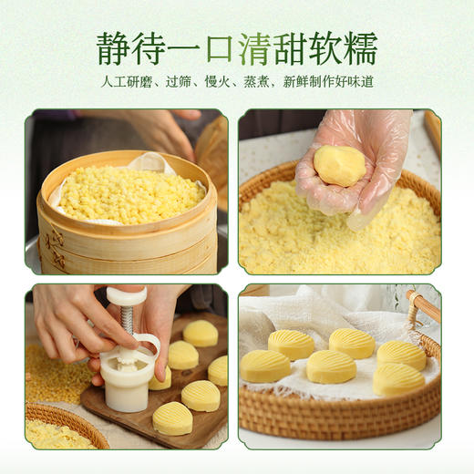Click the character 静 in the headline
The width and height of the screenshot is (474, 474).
tap(116, 48)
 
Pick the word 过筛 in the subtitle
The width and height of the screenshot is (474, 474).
tap(177, 82)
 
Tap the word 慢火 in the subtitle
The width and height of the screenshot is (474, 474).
tap(220, 82)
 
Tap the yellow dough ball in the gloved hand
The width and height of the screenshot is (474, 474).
tap(339, 165)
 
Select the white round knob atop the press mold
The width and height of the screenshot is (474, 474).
tap(126, 296)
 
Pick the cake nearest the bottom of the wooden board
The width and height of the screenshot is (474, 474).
tap(172, 418)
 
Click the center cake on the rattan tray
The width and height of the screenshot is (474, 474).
tap(331, 366)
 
